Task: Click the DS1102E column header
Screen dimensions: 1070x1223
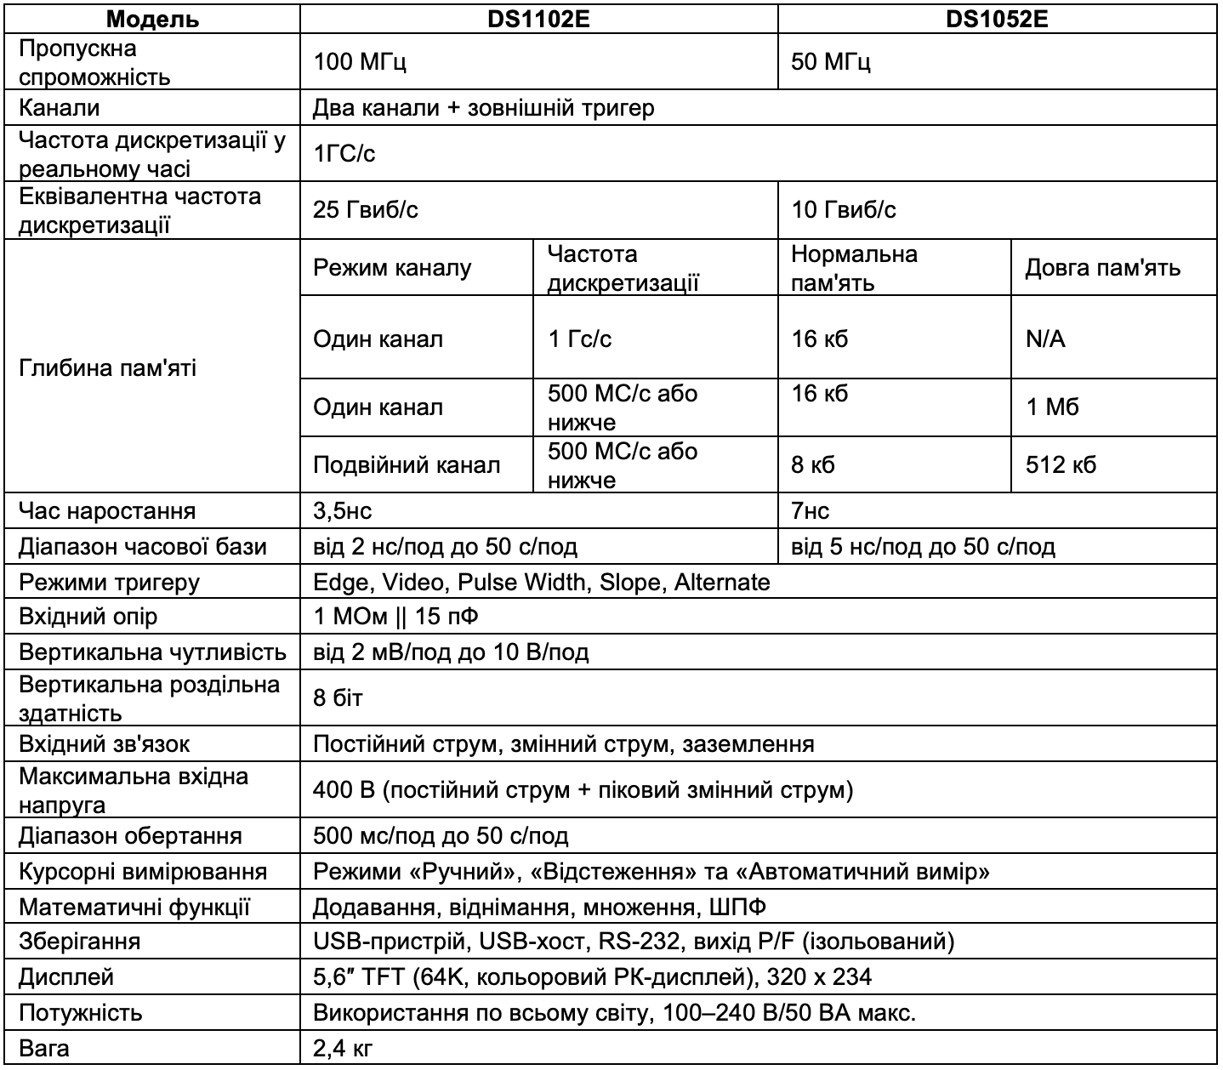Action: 538,19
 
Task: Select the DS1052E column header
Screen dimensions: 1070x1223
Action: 997,19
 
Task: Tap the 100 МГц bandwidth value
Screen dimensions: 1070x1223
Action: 361,62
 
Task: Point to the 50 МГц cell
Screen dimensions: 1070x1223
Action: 831,62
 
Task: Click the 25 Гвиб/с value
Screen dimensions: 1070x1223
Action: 366,209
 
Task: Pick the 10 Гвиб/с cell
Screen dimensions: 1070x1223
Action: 844,209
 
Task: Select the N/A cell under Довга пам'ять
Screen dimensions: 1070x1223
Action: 1045,339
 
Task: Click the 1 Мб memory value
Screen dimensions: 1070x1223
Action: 1052,407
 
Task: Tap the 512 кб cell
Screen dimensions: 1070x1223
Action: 1061,464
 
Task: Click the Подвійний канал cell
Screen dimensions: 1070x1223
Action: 407,464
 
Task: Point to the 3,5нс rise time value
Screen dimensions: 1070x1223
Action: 343,510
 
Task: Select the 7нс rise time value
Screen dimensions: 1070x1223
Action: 811,510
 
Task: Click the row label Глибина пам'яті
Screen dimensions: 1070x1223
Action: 107,368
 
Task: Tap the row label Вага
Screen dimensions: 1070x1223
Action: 44,1048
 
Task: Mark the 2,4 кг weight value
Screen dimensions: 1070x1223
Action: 344,1048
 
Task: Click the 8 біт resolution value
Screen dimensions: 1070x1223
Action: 338,698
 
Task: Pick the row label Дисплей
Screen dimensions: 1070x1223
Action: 65,977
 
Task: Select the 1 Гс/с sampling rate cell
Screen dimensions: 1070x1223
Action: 579,339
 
